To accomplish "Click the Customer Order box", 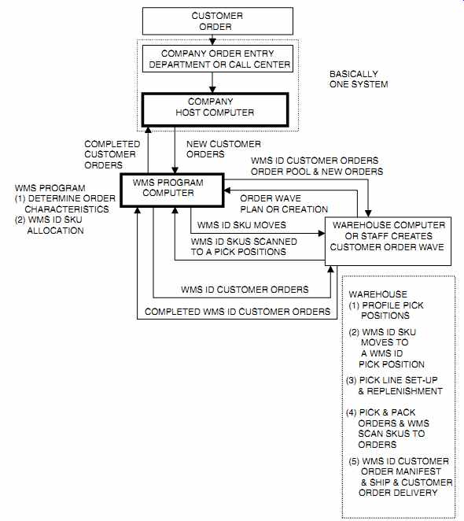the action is [x=218, y=21].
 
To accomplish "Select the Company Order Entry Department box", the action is [x=218, y=59].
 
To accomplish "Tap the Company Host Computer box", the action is [x=215, y=109].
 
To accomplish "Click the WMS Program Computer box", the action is [x=172, y=190].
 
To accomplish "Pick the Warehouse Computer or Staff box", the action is [x=388, y=242].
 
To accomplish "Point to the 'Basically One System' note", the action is [x=359, y=79].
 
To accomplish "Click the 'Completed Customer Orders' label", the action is [x=112, y=154].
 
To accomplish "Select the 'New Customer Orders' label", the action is [x=223, y=150].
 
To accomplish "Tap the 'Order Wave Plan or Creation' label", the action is [x=284, y=204].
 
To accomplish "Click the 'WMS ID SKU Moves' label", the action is [x=241, y=225].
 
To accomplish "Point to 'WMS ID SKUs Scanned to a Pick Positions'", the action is [x=244, y=246].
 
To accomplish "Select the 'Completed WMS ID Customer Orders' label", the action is [x=238, y=312].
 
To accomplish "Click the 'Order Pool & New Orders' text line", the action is [x=317, y=172].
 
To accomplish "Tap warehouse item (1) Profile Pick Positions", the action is [x=386, y=310].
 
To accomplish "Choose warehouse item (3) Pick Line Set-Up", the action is [x=394, y=386].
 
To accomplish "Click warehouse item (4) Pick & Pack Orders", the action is [x=388, y=428].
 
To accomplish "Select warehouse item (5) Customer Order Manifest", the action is [x=400, y=477].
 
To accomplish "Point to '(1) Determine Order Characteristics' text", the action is [x=65, y=204].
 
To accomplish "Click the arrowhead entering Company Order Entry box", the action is [x=212, y=42].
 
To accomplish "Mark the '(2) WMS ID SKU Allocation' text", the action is [x=50, y=225].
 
